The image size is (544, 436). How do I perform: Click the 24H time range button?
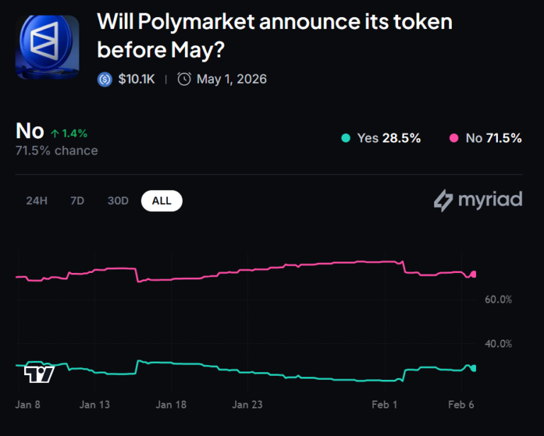pyautogui.click(x=36, y=201)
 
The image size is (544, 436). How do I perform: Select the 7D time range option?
pyautogui.click(x=77, y=201)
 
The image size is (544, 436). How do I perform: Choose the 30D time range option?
pyautogui.click(x=118, y=201)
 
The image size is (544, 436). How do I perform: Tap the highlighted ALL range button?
pyautogui.click(x=161, y=201)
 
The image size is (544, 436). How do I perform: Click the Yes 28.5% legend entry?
pyautogui.click(x=380, y=138)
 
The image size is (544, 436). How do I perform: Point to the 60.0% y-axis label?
pyautogui.click(x=498, y=299)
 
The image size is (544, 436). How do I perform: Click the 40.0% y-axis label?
pyautogui.click(x=498, y=344)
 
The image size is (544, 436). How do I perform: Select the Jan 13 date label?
pyautogui.click(x=95, y=405)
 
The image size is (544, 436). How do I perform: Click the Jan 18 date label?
pyautogui.click(x=171, y=405)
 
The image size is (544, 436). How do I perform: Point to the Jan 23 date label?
pyautogui.click(x=247, y=405)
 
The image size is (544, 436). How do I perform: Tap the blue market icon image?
pyautogui.click(x=47, y=47)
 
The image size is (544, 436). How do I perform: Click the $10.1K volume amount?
pyautogui.click(x=135, y=79)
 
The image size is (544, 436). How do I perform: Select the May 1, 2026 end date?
pyautogui.click(x=231, y=79)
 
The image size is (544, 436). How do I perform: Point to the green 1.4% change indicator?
pyautogui.click(x=69, y=133)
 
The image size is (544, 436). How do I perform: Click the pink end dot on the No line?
pyautogui.click(x=474, y=274)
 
